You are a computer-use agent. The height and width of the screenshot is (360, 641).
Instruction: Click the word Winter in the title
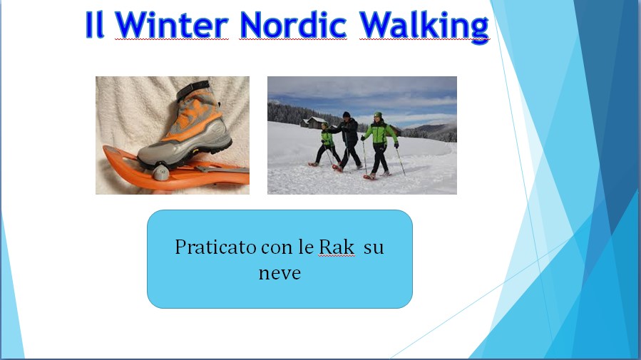[171, 25]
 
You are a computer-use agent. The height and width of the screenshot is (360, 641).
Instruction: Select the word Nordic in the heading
[293, 25]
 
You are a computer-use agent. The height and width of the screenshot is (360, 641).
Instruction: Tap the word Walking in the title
[424, 26]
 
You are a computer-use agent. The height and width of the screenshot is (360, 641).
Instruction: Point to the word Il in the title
[94, 25]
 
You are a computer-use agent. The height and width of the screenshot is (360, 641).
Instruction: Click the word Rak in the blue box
[337, 247]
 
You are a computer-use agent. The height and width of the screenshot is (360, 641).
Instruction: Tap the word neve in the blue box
[280, 273]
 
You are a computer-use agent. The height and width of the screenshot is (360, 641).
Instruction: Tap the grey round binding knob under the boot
[160, 172]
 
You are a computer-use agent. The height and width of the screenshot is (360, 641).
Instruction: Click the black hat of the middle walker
[347, 114]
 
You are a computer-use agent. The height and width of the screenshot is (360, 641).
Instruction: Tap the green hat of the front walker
[378, 115]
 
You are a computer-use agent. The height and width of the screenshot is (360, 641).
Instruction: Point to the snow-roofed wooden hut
[313, 122]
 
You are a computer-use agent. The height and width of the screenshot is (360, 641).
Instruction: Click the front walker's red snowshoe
[369, 177]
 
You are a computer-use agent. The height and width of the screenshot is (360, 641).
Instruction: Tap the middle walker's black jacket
[348, 130]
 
